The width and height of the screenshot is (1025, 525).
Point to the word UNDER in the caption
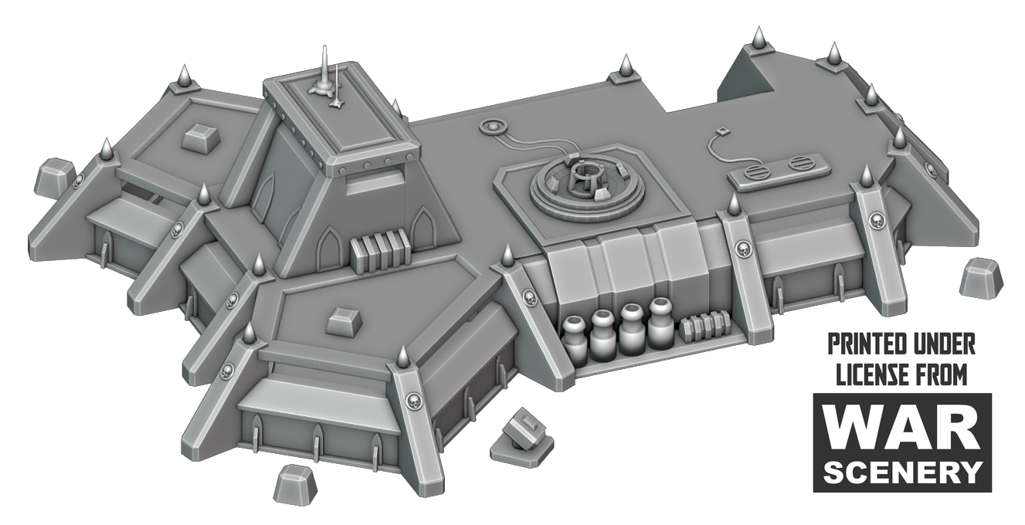pyautogui.click(x=942, y=345)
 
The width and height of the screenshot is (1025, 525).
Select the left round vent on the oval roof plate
pyautogui.click(x=755, y=173)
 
